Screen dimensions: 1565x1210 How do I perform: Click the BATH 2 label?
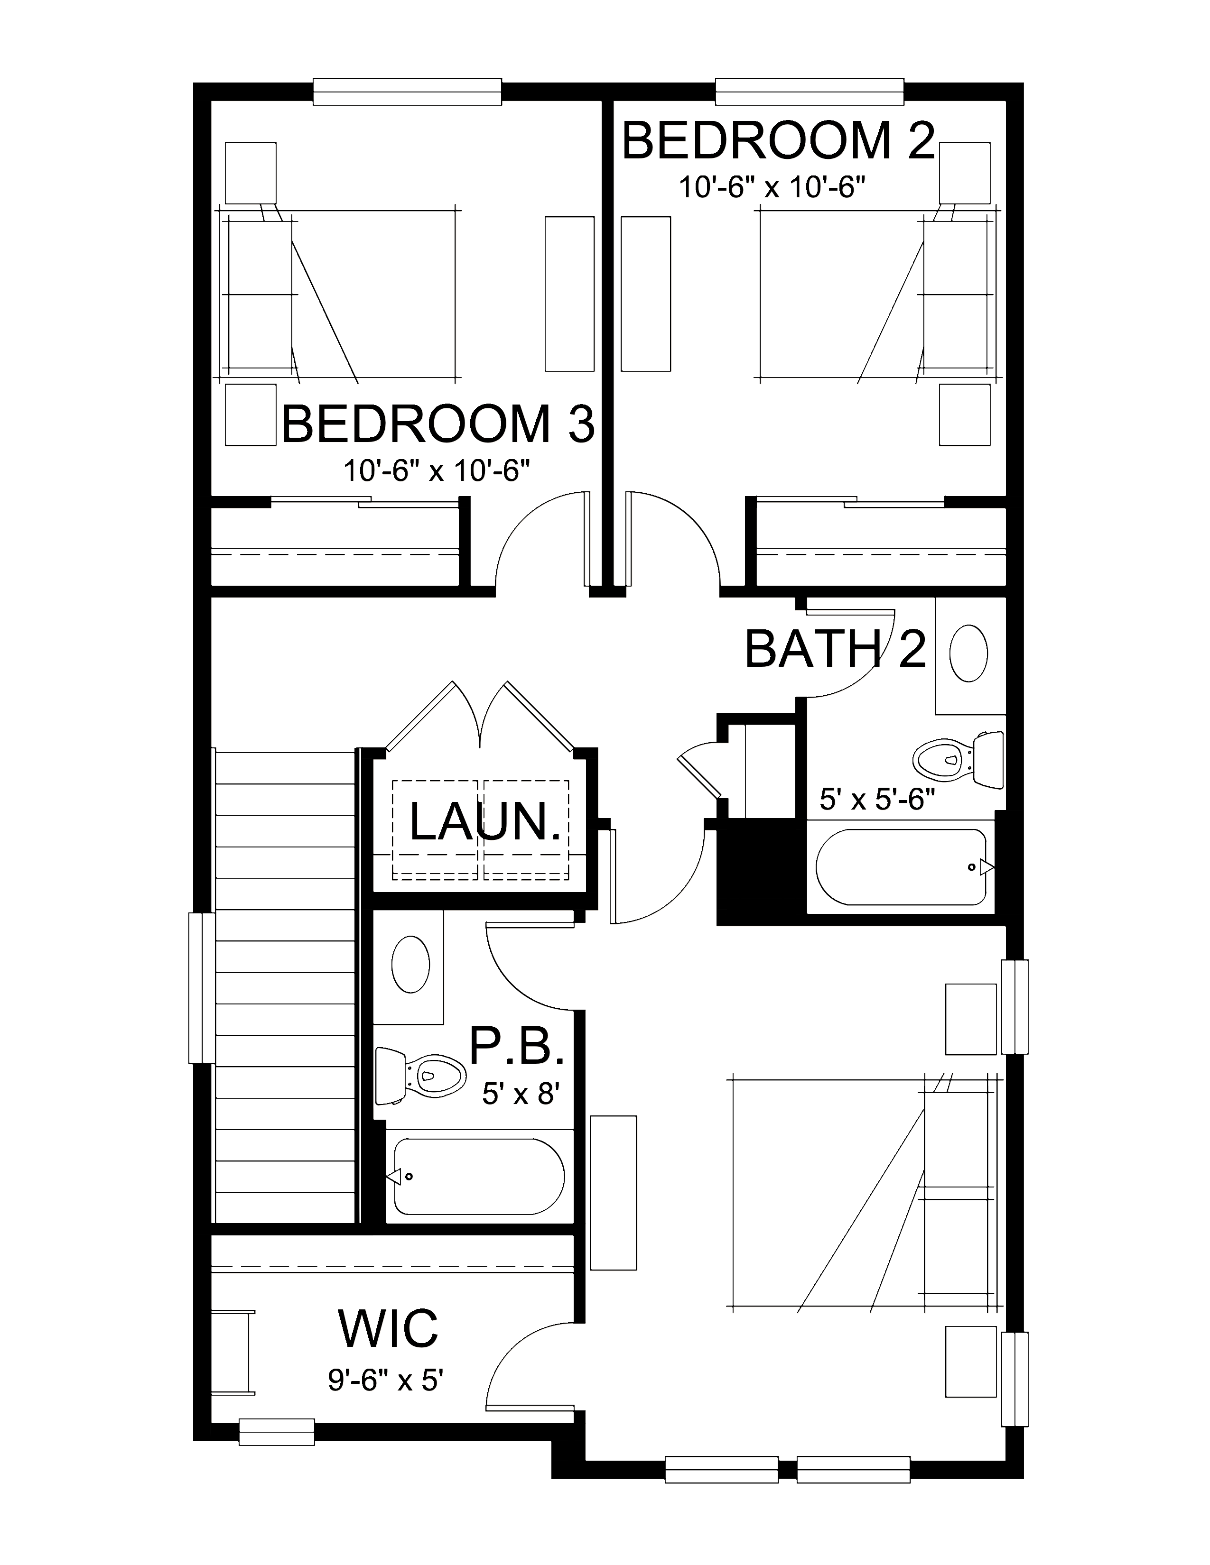836,649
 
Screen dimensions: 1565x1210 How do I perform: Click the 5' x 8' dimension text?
520,1094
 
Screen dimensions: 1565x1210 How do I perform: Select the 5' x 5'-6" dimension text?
877,800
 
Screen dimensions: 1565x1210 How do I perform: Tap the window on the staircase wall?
201,987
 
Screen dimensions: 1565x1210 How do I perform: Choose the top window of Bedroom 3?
407,92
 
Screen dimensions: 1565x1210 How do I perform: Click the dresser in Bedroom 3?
569,294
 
